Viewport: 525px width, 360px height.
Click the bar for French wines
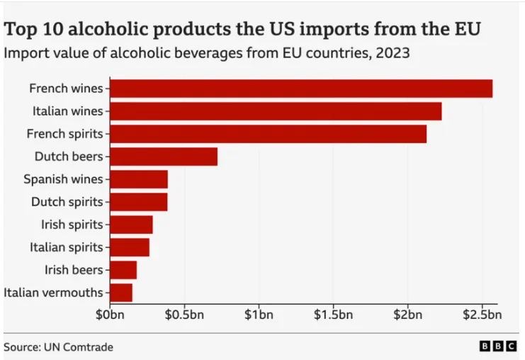tap(301, 89)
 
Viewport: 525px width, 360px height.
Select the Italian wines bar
tap(276, 111)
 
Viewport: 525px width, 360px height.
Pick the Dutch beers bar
tap(164, 157)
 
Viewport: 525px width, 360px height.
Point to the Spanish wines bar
tap(139, 179)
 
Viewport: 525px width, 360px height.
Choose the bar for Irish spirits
tap(131, 225)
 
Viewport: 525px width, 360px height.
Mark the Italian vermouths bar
tap(121, 293)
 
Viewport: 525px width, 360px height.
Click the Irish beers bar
tap(123, 270)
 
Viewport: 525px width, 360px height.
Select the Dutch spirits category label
tap(67, 202)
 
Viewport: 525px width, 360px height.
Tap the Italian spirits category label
tap(67, 247)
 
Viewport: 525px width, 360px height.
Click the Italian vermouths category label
tap(54, 293)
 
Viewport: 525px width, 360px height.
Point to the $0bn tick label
tap(111, 314)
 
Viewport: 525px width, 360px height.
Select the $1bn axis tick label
tap(259, 314)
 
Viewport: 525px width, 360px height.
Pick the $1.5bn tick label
tap(333, 314)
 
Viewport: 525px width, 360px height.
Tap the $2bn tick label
tap(407, 314)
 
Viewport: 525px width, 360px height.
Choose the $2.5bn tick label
tap(482, 314)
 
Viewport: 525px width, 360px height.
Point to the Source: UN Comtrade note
tap(58, 347)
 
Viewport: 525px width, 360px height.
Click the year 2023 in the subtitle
tap(393, 52)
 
